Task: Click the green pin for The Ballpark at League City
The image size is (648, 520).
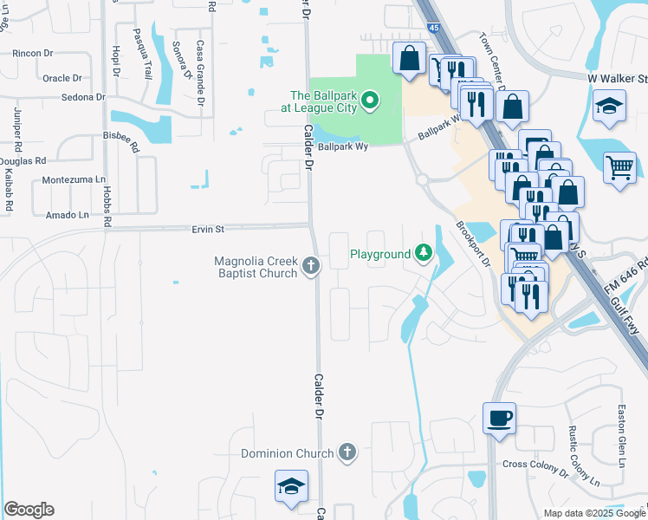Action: click(370, 101)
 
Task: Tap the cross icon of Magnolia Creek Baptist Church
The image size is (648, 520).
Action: click(312, 268)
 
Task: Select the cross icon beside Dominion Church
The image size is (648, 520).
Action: click(347, 452)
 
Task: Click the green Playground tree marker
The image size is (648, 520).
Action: click(424, 253)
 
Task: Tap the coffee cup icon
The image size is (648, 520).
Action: click(500, 418)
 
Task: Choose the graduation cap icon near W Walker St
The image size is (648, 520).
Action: click(610, 106)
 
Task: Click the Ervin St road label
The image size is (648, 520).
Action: click(208, 230)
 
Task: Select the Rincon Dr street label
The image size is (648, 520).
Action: click(33, 53)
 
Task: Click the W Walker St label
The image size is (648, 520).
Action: click(617, 79)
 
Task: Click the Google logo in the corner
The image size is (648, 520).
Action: click(29, 510)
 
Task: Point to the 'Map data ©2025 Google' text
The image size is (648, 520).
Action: click(594, 513)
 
